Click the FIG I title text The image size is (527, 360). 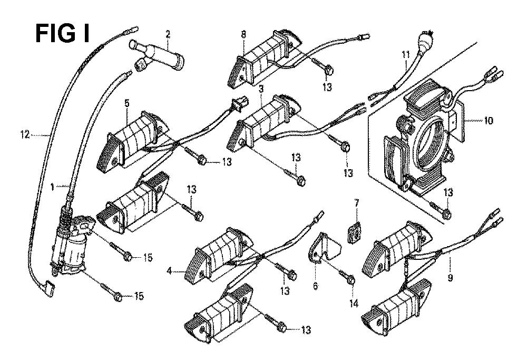click(63, 34)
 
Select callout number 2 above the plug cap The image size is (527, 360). click(168, 34)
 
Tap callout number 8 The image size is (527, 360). click(243, 34)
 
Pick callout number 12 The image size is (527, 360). click(25, 135)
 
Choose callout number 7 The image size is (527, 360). click(357, 203)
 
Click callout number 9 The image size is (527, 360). click(450, 278)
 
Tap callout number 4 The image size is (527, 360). click(170, 270)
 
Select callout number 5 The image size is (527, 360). click(126, 103)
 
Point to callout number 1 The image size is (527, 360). click(52, 187)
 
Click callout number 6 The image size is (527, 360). click(315, 286)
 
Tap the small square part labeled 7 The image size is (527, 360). click(353, 232)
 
